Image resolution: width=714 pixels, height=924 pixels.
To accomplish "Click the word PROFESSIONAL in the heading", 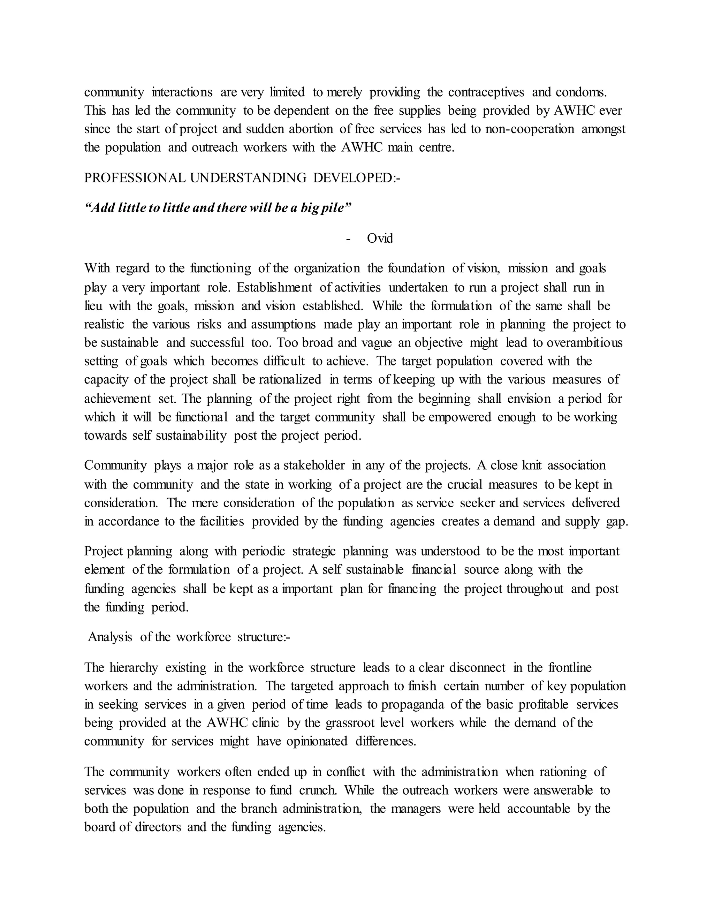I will point(135,178).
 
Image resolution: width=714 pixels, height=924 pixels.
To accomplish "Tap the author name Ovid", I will point(380,238).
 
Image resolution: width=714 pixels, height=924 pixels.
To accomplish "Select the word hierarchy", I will point(134,668).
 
